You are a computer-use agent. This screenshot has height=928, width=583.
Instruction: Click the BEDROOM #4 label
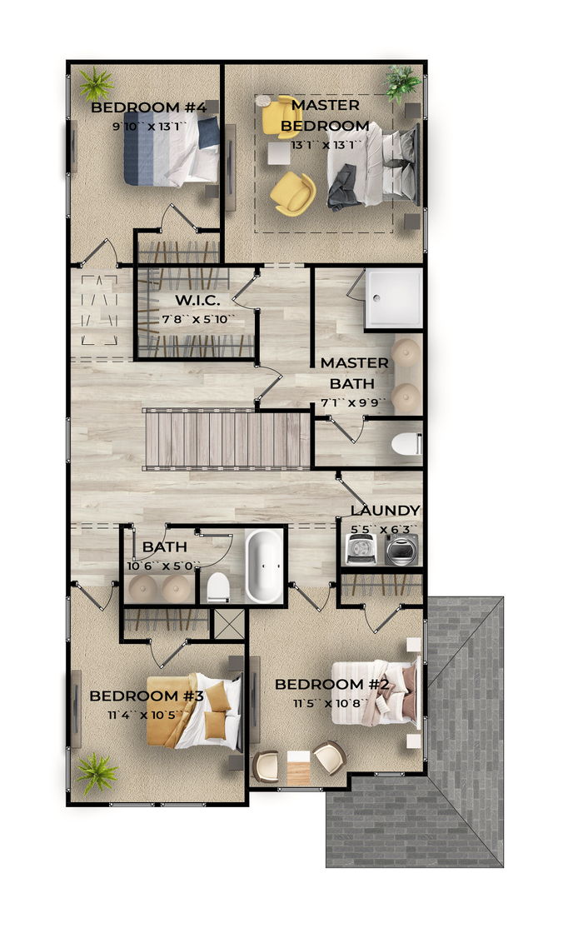[x=148, y=107]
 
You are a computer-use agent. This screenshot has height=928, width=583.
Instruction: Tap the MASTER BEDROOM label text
[x=325, y=116]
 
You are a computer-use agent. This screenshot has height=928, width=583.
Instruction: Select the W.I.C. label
[x=197, y=300]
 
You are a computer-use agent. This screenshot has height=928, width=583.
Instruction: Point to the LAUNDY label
[x=385, y=510]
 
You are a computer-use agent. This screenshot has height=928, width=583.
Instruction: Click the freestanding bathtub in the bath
[x=263, y=566]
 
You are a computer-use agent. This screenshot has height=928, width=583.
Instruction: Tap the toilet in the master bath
[x=406, y=444]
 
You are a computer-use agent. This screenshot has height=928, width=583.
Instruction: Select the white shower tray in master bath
[x=393, y=297]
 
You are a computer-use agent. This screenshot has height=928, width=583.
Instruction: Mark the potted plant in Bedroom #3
[x=97, y=771]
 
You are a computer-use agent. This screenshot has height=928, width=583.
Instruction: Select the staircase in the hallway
[x=228, y=439]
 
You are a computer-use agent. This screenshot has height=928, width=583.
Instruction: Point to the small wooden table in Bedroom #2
[x=298, y=767]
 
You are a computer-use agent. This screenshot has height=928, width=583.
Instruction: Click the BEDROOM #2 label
[x=332, y=685]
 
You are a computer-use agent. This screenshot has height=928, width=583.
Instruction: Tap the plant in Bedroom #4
[x=97, y=83]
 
